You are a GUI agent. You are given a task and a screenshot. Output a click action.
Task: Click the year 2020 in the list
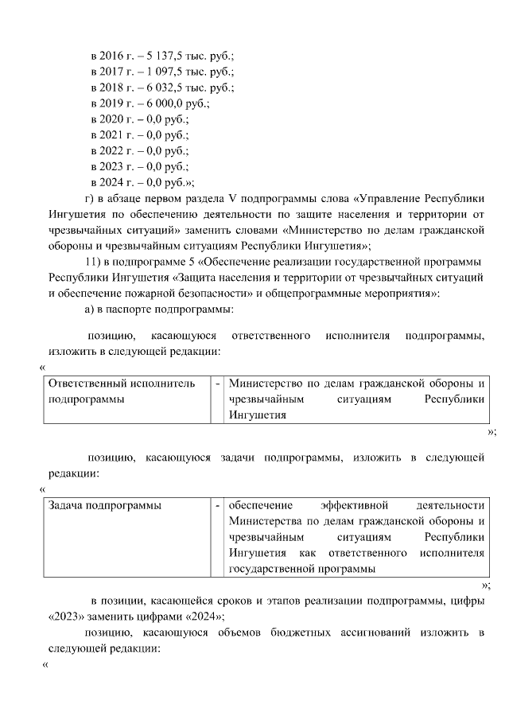point(113,119)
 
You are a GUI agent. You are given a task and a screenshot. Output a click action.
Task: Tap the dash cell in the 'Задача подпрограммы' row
point(217,506)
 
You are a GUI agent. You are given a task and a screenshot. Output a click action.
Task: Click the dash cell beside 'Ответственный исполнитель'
point(217,384)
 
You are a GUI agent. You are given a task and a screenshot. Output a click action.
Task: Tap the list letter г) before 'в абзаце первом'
point(90,197)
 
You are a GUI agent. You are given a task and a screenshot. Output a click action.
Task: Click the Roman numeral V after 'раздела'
point(235,197)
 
